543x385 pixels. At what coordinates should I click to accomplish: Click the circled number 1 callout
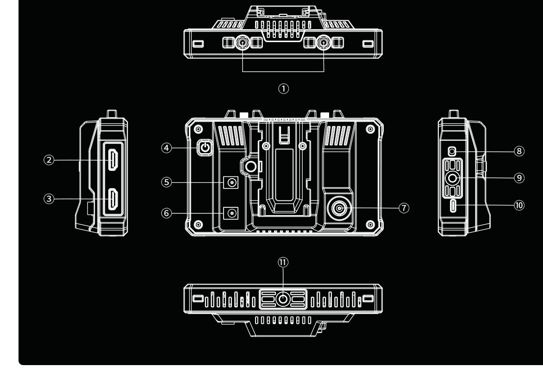click(283, 89)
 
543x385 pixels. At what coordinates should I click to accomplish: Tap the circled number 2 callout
click(49, 160)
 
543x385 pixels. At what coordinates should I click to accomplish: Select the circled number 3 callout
click(49, 199)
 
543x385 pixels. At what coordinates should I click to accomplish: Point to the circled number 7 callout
click(404, 208)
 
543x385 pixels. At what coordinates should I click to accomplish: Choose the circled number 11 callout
click(283, 262)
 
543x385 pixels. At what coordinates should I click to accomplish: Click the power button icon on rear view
click(206, 148)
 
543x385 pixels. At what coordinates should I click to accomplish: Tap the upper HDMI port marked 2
click(113, 160)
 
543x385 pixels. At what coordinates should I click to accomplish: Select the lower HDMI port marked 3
click(113, 199)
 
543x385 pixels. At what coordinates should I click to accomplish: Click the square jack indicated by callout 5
click(231, 182)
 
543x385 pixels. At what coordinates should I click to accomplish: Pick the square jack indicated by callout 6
click(231, 212)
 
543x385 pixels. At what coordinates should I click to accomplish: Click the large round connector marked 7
click(339, 208)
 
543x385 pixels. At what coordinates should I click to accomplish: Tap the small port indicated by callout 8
click(452, 151)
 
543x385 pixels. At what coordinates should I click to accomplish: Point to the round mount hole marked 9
click(452, 179)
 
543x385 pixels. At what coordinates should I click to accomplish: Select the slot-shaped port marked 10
click(453, 205)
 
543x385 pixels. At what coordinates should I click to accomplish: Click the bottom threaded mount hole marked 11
click(283, 299)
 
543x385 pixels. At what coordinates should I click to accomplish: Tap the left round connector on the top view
click(243, 43)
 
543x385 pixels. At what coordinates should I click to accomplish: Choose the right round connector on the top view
click(324, 43)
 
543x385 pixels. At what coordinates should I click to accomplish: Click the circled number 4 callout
click(167, 148)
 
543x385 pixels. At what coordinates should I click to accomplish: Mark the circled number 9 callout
click(519, 178)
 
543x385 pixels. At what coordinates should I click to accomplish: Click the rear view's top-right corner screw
click(370, 130)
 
